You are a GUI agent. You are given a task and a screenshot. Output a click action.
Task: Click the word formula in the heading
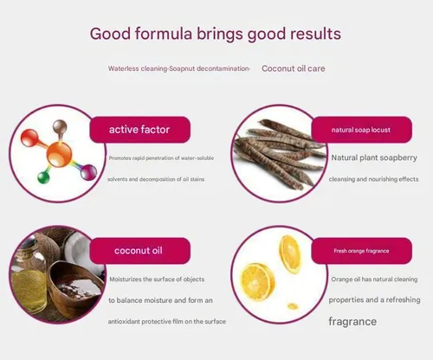click(x=164, y=34)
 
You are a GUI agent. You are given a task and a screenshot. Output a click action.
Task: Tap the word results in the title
click(x=315, y=34)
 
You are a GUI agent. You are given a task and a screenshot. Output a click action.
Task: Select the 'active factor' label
click(x=140, y=130)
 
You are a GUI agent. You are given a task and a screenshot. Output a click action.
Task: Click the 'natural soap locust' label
click(x=361, y=130)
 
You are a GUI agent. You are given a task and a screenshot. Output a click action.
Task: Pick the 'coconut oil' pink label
click(x=140, y=251)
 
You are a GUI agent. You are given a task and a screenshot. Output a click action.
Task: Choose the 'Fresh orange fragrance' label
click(x=361, y=251)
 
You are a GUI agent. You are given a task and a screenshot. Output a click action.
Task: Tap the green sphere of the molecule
click(x=43, y=177)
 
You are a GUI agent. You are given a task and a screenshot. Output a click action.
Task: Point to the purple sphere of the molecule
click(x=88, y=172)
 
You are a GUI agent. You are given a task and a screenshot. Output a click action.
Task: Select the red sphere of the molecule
click(x=29, y=138)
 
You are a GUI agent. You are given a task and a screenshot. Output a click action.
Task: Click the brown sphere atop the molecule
click(x=60, y=126)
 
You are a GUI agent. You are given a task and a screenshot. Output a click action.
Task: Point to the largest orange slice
click(x=257, y=281)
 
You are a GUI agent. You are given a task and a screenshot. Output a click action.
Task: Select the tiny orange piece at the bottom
click(x=293, y=306)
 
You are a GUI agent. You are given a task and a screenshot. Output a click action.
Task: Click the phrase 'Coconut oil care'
click(x=294, y=68)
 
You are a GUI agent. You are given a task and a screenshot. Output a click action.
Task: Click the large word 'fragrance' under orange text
click(x=352, y=321)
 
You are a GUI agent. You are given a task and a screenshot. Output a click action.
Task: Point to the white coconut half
click(x=78, y=248)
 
